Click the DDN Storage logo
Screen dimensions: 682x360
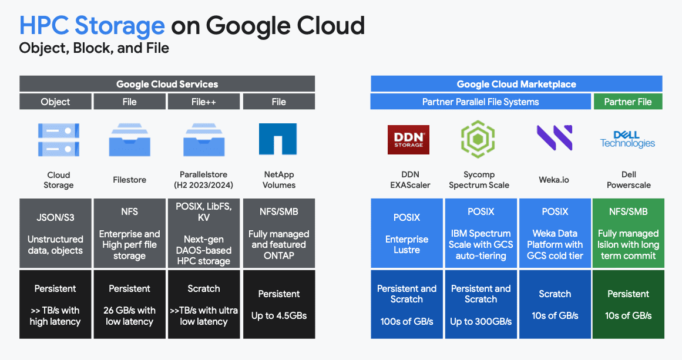click(x=408, y=140)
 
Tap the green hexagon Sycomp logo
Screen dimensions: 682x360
click(x=478, y=139)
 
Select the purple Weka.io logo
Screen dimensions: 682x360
click(x=555, y=138)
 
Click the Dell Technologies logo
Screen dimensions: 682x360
click(x=627, y=140)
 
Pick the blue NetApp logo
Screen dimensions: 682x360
click(x=278, y=139)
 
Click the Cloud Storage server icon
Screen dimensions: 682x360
click(x=59, y=140)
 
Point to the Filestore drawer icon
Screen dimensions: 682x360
click(x=130, y=140)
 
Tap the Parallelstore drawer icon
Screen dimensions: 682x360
click(x=204, y=140)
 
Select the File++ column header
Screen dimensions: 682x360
click(x=204, y=102)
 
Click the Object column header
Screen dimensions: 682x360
click(x=55, y=102)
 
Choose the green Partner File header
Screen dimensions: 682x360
click(x=628, y=102)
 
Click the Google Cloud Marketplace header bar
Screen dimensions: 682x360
click(x=516, y=84)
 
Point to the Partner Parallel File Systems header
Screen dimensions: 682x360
click(x=481, y=102)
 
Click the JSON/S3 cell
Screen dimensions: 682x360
click(x=55, y=233)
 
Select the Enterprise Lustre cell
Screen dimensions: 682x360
click(x=406, y=233)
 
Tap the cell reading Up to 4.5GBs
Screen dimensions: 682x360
click(x=279, y=304)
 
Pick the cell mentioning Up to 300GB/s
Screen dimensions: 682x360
click(x=481, y=304)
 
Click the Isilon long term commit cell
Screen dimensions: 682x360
click(x=629, y=233)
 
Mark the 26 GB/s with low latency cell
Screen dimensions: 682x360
click(x=130, y=304)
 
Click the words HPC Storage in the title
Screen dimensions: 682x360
click(x=92, y=25)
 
